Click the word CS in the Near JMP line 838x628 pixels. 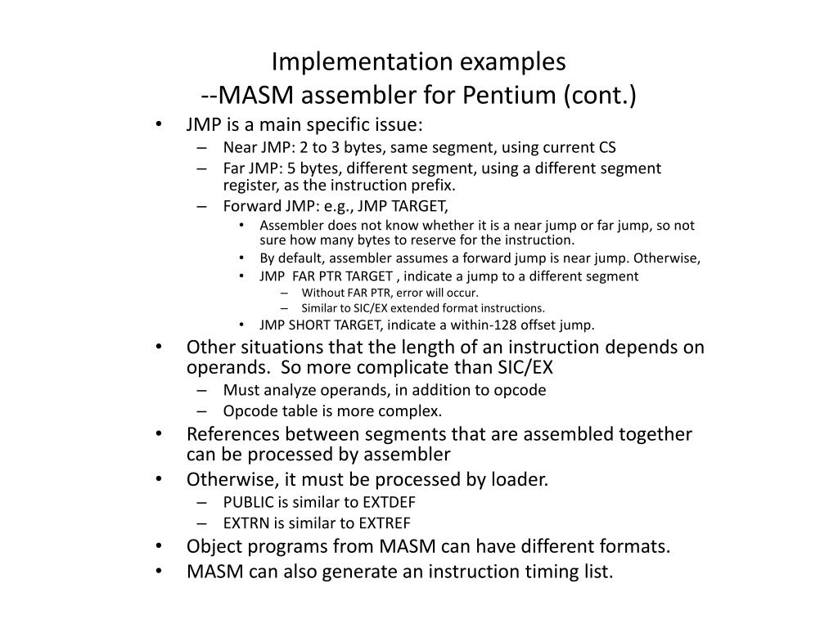606,148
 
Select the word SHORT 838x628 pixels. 310,325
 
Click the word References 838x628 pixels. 232,434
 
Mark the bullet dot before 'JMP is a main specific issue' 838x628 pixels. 158,125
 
